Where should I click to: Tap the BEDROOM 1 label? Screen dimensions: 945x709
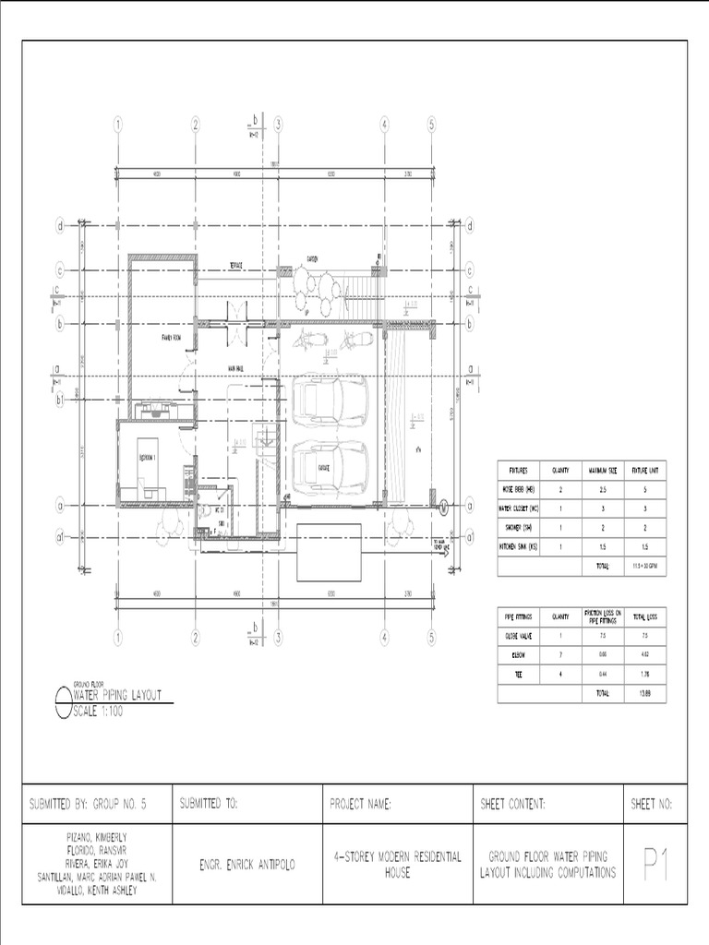click(149, 458)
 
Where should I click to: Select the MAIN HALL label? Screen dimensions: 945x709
click(235, 368)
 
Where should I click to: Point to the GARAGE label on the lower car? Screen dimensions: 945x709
click(325, 467)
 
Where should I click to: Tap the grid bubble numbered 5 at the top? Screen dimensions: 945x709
click(431, 126)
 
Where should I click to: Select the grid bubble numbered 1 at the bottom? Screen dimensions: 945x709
click(118, 637)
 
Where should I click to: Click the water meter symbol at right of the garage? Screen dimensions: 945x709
click(442, 506)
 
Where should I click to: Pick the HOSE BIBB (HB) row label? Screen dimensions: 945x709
click(517, 489)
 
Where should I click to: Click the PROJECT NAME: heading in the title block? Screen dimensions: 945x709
click(361, 805)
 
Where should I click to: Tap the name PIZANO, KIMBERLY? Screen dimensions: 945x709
click(97, 836)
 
